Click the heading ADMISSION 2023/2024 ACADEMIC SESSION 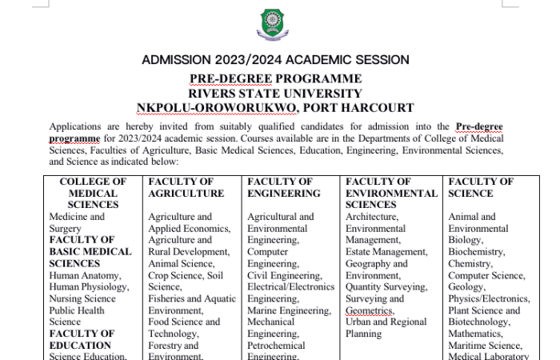tap(275, 60)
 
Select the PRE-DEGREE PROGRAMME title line tap(275, 78)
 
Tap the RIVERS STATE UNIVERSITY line tap(275, 93)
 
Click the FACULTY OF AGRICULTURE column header tap(186, 187)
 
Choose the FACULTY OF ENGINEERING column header tap(284, 187)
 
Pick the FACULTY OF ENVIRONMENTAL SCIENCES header tap(390, 193)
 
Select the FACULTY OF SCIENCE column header tap(481, 187)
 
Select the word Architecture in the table tap(372, 217)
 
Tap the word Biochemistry tap(476, 252)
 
